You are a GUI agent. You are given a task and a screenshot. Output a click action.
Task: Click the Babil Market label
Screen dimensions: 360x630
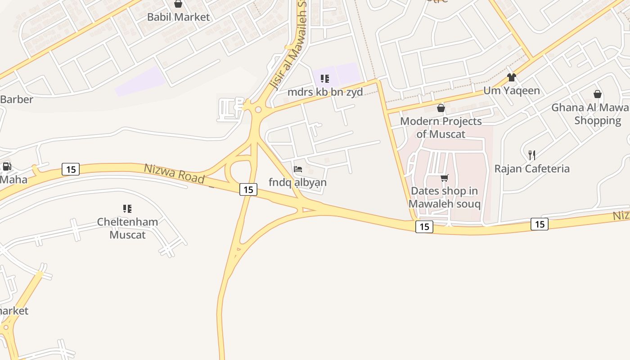[179, 17]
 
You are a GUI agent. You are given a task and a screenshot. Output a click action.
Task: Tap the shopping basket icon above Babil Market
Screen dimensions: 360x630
[178, 4]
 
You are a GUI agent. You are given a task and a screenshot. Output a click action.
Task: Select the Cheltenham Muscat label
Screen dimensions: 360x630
[128, 228]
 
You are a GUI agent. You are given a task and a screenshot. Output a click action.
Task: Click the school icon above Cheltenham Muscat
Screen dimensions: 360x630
[127, 209]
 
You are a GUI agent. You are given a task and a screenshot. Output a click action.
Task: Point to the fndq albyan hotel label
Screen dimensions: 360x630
[297, 182]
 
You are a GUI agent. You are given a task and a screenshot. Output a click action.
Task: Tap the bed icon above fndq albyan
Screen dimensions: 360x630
[298, 169]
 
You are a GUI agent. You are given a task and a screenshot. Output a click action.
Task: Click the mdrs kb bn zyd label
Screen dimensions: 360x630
[325, 92]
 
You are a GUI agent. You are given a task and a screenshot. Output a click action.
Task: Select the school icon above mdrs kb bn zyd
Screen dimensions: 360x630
[325, 79]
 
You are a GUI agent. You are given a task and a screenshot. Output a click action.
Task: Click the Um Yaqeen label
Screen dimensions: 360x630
[511, 90]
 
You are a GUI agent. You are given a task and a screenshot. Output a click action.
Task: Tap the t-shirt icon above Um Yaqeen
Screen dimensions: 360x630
[511, 77]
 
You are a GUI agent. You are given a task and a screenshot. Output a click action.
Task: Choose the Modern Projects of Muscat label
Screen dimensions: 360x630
[441, 127]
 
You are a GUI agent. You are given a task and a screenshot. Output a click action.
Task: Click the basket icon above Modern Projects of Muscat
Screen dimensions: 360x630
[441, 108]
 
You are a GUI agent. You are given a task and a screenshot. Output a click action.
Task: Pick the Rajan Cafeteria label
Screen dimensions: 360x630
[532, 169]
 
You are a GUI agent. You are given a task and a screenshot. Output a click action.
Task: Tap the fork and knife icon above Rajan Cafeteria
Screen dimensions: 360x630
[532, 155]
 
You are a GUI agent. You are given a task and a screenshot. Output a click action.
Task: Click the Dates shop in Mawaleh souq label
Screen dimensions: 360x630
[445, 197]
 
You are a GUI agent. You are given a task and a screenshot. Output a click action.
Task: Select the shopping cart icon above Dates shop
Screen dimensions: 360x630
[445, 178]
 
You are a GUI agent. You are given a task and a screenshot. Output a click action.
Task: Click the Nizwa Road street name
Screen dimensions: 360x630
[174, 173]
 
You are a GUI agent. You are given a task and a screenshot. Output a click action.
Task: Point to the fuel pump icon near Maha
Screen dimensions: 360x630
[7, 166]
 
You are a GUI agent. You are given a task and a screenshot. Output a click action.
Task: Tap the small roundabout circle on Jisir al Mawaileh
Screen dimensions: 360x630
[258, 109]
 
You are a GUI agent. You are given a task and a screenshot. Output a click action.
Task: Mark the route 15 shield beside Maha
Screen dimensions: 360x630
[71, 169]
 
